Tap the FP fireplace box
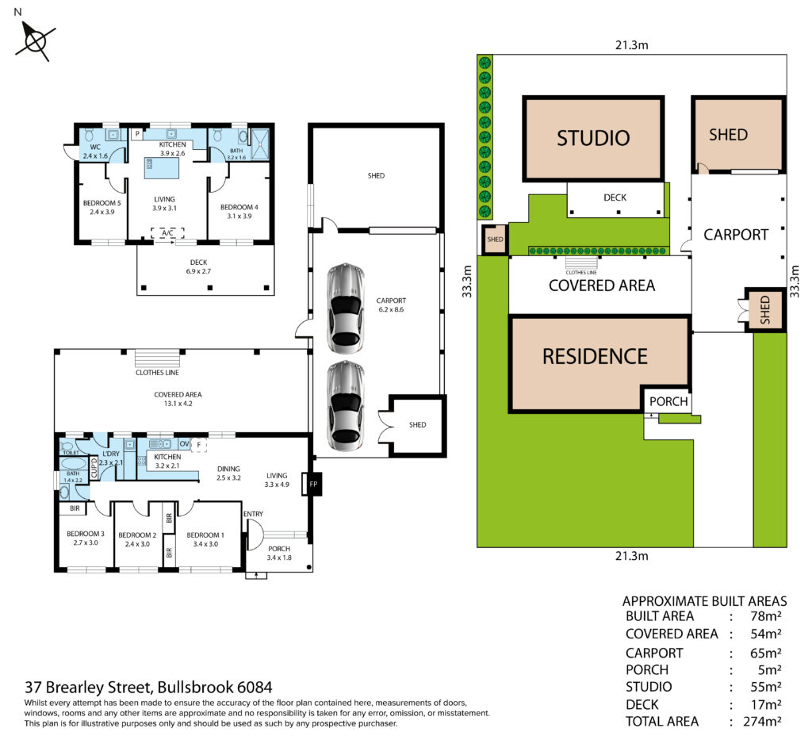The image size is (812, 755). (313, 485)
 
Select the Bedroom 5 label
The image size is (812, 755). (102, 207)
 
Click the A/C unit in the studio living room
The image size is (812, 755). (167, 233)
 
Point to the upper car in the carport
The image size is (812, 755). (346, 309)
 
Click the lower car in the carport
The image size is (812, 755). (346, 406)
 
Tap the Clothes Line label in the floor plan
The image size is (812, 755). (157, 372)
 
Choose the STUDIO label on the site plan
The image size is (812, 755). (593, 138)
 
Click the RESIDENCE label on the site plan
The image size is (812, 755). (595, 356)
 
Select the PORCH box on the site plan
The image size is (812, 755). (668, 400)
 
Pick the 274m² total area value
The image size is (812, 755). (762, 722)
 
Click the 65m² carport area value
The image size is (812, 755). (766, 653)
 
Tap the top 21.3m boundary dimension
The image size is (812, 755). (632, 45)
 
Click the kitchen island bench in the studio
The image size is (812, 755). (162, 168)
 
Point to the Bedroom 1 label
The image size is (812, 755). (205, 539)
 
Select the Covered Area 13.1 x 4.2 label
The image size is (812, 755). (178, 399)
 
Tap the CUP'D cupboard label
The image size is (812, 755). (94, 467)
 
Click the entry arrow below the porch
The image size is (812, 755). (256, 575)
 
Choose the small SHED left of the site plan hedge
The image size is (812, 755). (495, 240)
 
